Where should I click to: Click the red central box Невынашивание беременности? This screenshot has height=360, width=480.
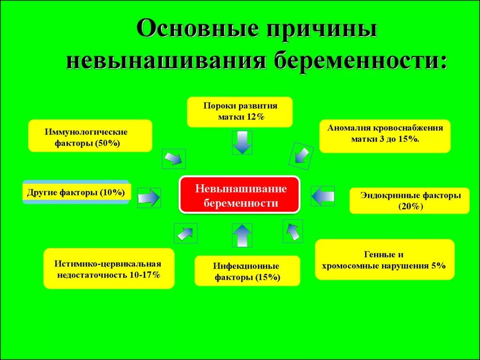tap(240, 195)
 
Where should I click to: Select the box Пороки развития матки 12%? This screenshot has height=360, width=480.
tap(240, 112)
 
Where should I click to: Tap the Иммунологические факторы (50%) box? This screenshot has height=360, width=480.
tap(90, 136)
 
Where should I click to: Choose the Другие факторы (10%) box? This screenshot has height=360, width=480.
tap(76, 192)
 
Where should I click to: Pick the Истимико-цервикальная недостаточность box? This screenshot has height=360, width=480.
tap(109, 269)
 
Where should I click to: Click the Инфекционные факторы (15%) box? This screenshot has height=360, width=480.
tap(247, 271)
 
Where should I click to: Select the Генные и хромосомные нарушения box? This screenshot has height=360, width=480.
tap(384, 260)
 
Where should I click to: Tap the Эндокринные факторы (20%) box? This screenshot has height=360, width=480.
tap(410, 200)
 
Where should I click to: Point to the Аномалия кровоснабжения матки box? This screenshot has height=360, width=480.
tap(385, 136)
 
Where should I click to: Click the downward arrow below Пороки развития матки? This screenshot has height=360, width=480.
tap(242, 142)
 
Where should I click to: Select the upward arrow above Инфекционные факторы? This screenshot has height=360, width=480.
tap(242, 235)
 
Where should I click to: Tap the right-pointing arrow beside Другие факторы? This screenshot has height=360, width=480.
tap(149, 197)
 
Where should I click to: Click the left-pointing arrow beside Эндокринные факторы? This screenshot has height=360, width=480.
tap(322, 195)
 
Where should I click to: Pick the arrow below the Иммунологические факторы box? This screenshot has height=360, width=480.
tap(173, 158)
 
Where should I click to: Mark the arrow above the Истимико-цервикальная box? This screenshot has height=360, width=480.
tap(185, 233)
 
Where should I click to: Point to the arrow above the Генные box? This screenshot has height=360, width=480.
tap(292, 231)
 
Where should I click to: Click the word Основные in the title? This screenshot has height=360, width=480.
tap(198, 30)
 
